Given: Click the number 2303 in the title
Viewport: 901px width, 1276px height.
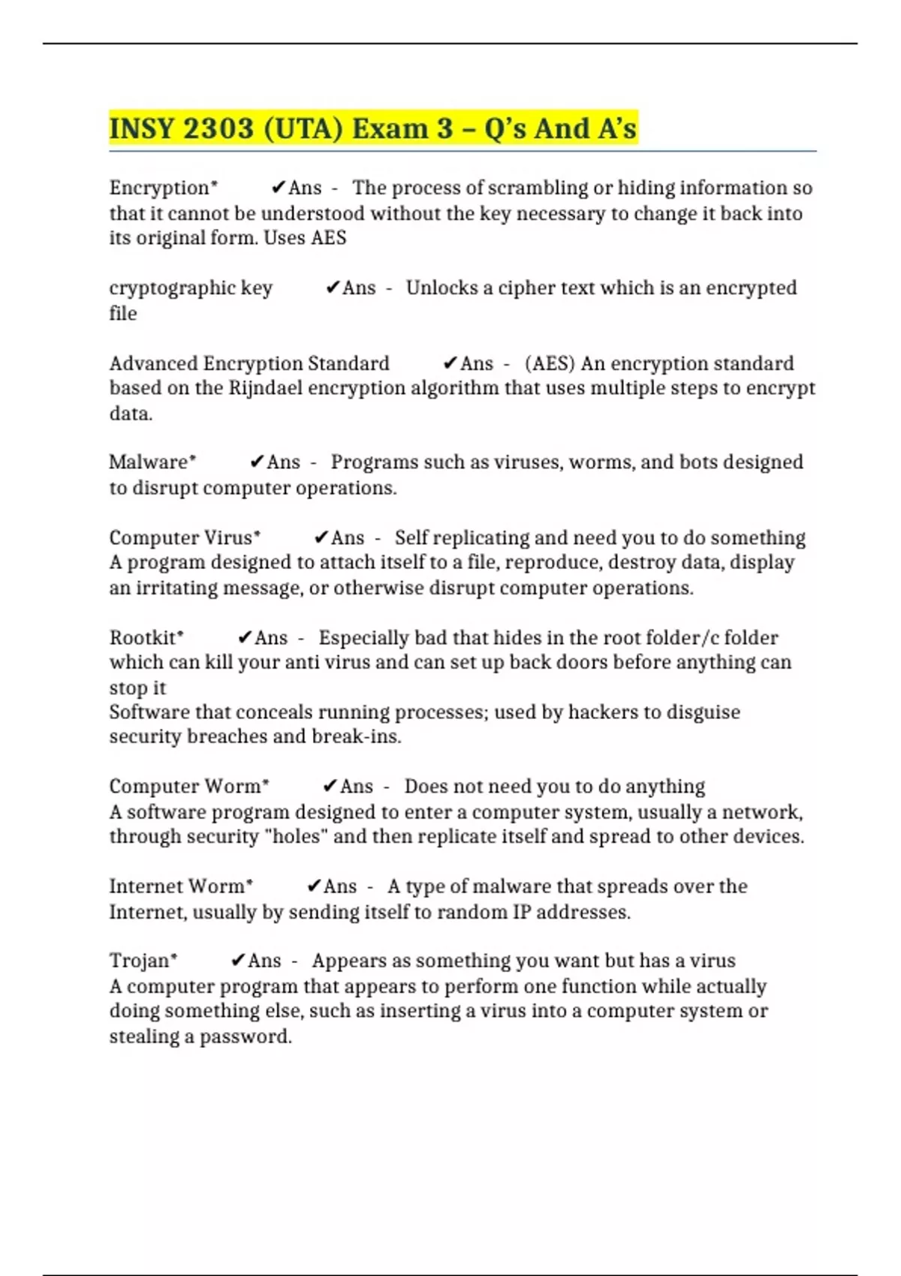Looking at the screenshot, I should (x=218, y=128).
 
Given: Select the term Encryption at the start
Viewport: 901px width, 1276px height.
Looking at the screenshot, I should (x=159, y=188).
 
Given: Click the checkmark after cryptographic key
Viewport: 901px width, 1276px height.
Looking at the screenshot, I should (x=333, y=287).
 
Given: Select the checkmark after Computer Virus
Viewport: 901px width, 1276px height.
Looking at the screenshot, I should (x=321, y=537).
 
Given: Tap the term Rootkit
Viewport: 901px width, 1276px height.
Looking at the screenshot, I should (x=143, y=637).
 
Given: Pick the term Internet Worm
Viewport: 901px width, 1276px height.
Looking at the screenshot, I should (x=177, y=886).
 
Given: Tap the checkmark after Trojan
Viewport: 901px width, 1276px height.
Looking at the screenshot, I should (x=238, y=961).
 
